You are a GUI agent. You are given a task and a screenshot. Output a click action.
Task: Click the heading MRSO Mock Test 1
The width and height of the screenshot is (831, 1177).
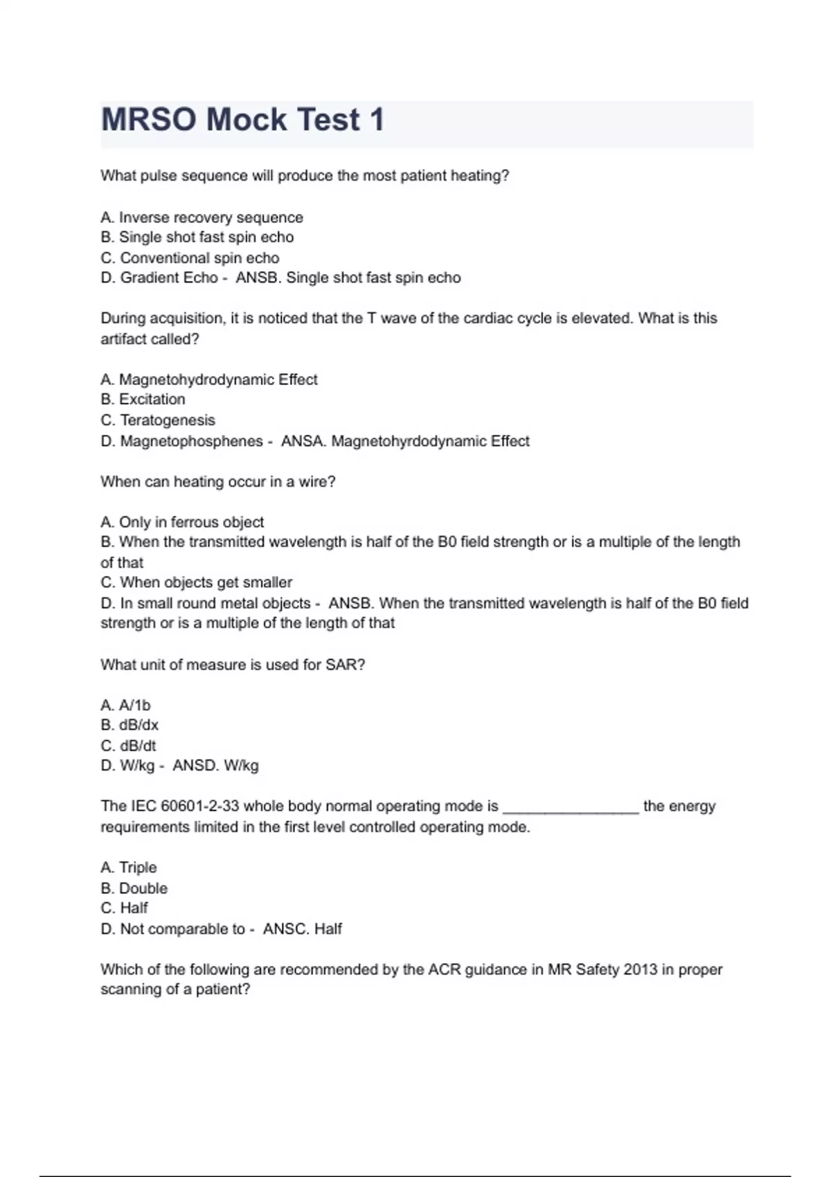tap(242, 120)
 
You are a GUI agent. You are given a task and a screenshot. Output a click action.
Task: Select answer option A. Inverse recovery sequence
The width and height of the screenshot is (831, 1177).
tap(202, 217)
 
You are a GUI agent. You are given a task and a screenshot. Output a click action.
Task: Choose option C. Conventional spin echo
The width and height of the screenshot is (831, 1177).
tap(190, 258)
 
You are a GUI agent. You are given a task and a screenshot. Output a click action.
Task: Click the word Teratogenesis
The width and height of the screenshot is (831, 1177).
tap(168, 420)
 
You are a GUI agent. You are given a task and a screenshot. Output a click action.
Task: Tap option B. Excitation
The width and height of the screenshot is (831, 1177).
tap(143, 399)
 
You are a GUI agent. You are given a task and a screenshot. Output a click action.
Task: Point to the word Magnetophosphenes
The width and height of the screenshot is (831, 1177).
tap(191, 441)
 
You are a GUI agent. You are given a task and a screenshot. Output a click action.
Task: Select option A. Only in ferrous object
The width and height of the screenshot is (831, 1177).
tap(181, 522)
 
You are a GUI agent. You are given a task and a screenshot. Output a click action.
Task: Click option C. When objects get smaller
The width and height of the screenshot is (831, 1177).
tap(196, 582)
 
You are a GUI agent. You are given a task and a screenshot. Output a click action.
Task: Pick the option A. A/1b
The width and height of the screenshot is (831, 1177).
tap(125, 706)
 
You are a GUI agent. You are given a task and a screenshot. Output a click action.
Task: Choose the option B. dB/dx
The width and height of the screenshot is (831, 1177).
tap(129, 726)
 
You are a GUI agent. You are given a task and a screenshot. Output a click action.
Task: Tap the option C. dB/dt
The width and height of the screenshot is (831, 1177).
tap(128, 746)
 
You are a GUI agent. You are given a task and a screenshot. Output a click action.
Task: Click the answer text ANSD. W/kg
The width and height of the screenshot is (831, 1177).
tap(215, 766)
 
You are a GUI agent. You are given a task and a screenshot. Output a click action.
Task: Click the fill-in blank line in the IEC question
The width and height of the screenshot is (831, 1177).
tap(570, 809)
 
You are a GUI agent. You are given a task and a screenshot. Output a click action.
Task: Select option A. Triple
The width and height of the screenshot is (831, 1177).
tap(129, 868)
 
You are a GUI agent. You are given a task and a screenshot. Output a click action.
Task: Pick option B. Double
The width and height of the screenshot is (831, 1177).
tap(134, 888)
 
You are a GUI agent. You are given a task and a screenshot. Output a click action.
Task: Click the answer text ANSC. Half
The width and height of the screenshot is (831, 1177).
tap(303, 929)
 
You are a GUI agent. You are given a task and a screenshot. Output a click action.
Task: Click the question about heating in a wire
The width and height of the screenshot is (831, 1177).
tap(217, 482)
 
